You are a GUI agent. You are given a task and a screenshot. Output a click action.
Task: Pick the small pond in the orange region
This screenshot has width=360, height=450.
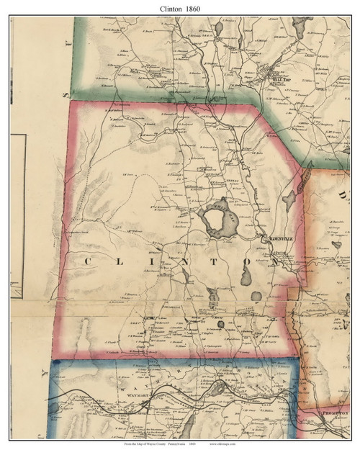tap(336, 246)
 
